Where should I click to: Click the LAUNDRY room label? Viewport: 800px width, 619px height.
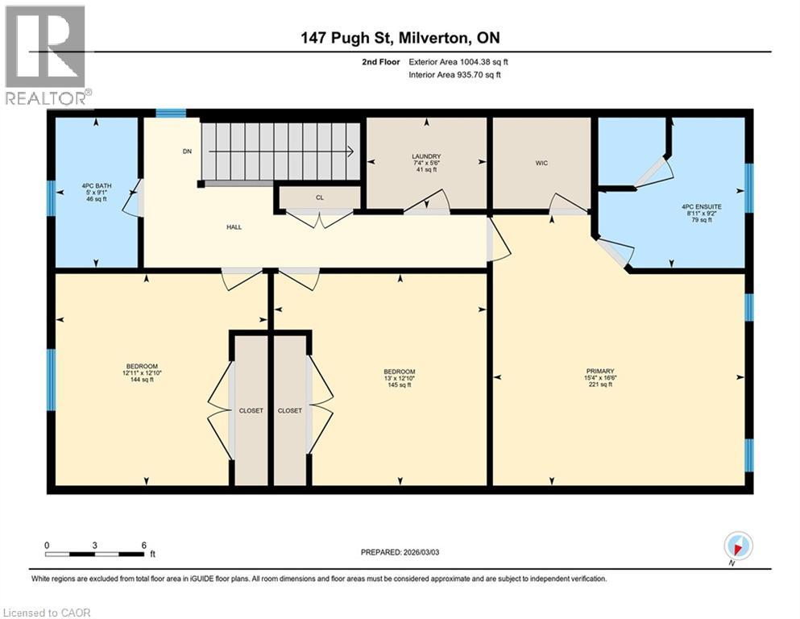coord(427,156)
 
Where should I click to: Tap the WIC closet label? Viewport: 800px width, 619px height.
coord(541,163)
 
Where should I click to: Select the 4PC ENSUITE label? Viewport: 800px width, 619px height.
coord(701,206)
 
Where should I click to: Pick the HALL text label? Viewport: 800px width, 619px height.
coord(234,226)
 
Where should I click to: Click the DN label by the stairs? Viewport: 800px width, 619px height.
coord(186,150)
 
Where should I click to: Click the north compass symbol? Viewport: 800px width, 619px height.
coord(739,546)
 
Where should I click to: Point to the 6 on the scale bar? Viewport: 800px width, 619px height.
coord(143,545)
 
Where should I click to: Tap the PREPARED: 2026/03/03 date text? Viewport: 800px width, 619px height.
coord(400,552)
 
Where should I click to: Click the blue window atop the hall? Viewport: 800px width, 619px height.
coord(171,113)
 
